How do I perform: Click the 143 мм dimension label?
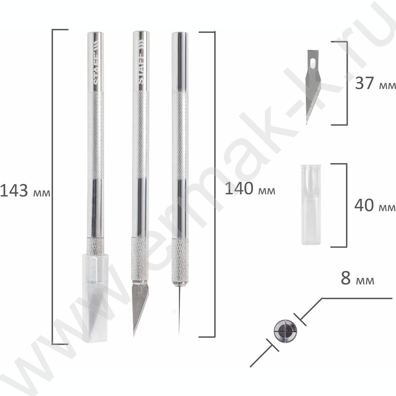tap(25, 191)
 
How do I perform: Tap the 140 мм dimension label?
tap(250, 188)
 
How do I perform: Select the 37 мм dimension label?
tap(375, 83)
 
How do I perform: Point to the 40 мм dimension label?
tap(375, 205)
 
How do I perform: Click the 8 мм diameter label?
tap(357, 278)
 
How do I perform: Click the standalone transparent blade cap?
tap(311, 205)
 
